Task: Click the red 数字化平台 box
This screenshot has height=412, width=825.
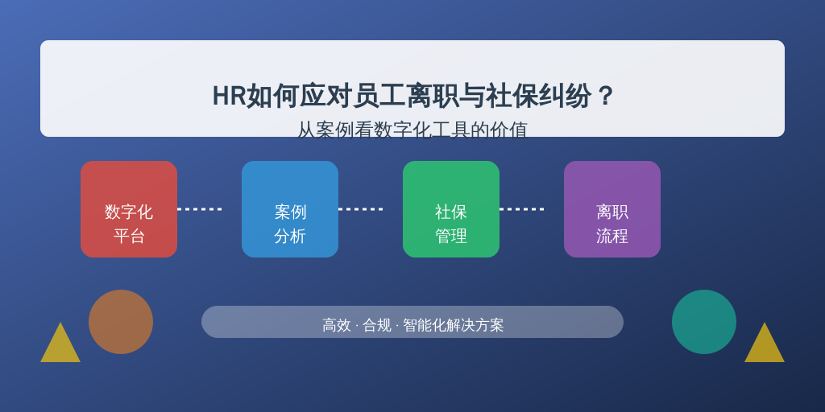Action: pos(129,209)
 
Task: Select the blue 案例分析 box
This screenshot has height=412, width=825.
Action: pos(290,209)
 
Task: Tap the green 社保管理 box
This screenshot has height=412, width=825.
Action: pos(451,209)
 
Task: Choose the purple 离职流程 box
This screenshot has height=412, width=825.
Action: pos(612,209)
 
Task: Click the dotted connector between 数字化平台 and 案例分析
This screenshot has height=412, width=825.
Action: pos(200,209)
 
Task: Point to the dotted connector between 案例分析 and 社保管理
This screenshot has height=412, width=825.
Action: pos(360,209)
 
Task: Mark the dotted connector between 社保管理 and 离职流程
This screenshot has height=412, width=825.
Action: pos(521,209)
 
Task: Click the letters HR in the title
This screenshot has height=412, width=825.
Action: pos(229,97)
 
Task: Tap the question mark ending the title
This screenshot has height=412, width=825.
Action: pos(606,97)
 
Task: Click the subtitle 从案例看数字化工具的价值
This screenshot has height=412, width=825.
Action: pos(412,130)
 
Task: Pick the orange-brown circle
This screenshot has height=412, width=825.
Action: pos(121,322)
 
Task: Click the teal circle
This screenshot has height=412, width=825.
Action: pos(704,322)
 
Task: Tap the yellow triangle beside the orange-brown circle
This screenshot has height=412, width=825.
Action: pos(60,347)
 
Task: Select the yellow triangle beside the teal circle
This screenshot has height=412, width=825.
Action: pos(765,347)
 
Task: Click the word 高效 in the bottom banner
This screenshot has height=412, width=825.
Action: pos(336,325)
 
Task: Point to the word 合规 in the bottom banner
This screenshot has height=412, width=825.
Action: pos(377,325)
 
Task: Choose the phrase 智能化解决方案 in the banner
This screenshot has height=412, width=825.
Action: pos(454,325)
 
